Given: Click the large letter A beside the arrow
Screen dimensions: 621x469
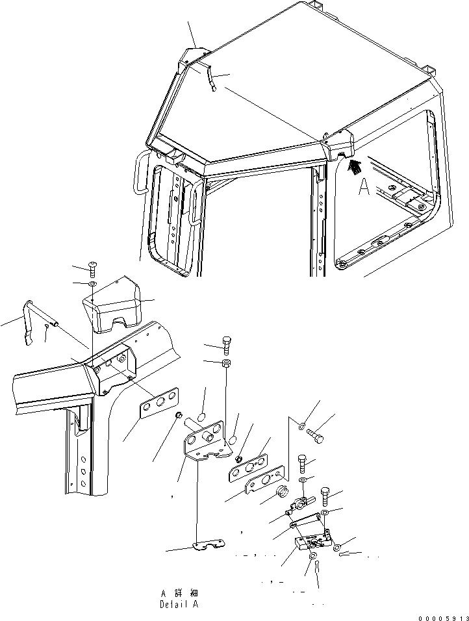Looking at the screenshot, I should point(365,188).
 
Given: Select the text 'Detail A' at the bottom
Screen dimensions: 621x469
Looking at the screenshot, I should point(179,604).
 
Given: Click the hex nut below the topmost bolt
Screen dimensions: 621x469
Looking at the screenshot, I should point(225,362).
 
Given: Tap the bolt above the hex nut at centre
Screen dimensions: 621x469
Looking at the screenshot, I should point(225,344).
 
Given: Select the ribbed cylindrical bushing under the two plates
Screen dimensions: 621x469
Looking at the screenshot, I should point(283,492).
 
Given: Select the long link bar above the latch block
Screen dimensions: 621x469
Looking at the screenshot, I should point(305,519).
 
